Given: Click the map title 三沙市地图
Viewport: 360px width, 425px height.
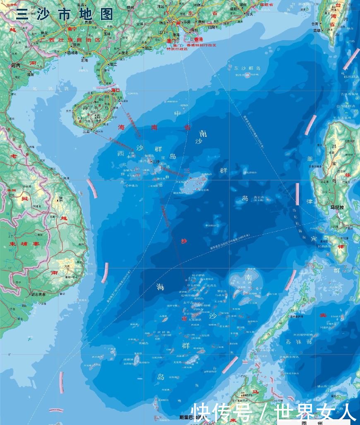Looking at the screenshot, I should (64, 14).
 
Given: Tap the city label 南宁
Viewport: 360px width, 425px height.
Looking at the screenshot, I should (72, 29).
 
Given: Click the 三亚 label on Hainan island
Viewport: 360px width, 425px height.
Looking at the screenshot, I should (86, 131).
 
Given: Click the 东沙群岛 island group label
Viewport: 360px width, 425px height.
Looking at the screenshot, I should (247, 68).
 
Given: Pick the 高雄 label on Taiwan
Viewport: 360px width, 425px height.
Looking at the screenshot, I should (317, 30).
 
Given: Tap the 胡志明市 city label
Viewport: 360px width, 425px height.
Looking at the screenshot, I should (38, 295).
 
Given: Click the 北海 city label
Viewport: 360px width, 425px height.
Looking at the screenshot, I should (84, 60).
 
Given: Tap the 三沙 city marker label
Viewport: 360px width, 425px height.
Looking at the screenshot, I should (156, 162).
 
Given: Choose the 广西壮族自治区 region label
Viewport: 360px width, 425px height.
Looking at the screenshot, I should (70, 40).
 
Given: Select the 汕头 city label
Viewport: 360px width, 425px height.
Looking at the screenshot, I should (250, 14).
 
